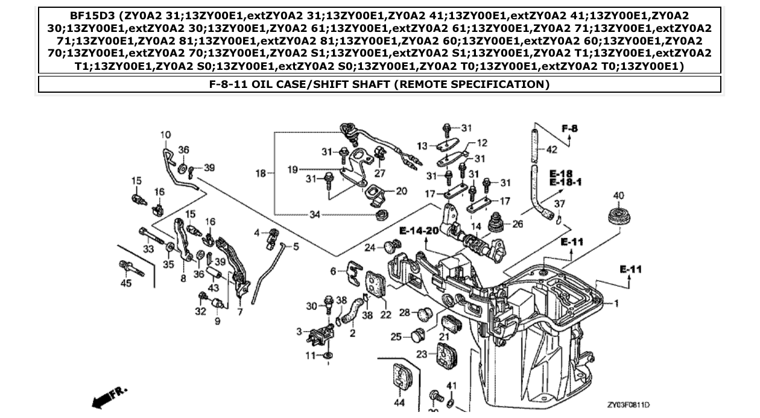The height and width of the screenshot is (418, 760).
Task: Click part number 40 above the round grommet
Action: coord(618,196)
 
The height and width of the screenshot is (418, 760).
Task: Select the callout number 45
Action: coord(125,283)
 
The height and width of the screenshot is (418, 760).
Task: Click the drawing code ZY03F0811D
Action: coord(629,405)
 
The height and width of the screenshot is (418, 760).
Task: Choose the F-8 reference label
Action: coord(569,128)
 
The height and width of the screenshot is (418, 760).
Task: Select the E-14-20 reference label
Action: coord(419,231)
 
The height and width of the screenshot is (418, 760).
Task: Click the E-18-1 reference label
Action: coord(565,182)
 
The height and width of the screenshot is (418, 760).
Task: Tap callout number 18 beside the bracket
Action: coord(261,173)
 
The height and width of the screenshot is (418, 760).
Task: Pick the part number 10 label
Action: coord(165,135)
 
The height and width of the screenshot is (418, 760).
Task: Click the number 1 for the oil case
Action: coord(616,303)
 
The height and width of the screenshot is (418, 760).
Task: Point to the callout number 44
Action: coord(399,402)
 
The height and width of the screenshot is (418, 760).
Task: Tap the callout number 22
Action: coord(386,314)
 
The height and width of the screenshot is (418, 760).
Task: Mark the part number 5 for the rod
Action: coord(296,246)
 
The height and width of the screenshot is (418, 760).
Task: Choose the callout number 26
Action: coord(518,224)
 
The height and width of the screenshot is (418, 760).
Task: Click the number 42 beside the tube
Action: coord(551,150)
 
